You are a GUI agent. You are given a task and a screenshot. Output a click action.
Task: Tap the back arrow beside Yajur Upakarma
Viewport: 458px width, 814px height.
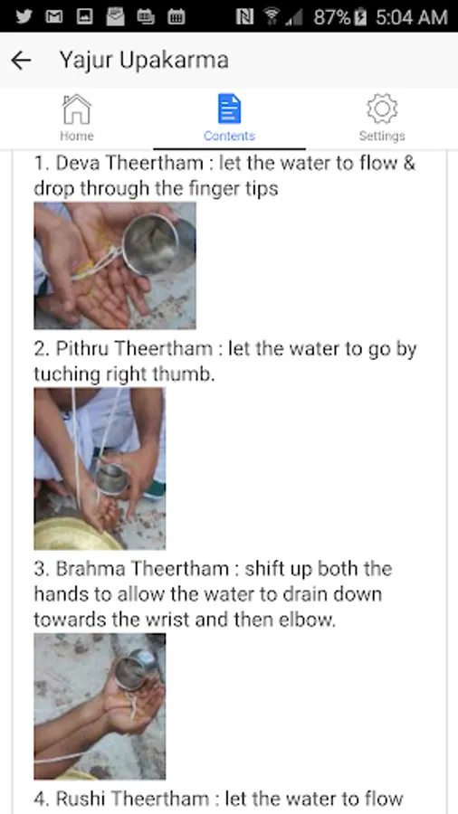click(x=21, y=61)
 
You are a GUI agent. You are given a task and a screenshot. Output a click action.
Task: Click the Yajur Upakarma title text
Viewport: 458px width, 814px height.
click(x=144, y=61)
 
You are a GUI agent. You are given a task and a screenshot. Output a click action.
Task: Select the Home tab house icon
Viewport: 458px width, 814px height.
click(x=77, y=109)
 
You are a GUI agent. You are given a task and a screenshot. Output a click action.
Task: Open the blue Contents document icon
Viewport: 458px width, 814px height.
click(x=229, y=109)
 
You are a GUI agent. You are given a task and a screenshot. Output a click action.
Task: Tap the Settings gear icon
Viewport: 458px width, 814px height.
click(x=382, y=109)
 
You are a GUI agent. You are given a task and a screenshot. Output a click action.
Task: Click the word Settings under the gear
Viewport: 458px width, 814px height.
click(x=382, y=136)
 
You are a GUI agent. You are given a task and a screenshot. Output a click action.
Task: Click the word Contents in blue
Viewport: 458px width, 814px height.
click(x=229, y=136)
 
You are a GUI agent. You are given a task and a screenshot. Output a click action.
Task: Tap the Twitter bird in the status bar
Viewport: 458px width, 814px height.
click(x=24, y=16)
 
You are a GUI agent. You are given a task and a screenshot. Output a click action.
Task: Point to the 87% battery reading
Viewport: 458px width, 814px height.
click(x=332, y=17)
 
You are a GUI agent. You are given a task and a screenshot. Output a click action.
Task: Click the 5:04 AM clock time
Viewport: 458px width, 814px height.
click(x=411, y=17)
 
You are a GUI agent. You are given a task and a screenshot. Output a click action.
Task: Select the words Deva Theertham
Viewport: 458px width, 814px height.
click(x=129, y=163)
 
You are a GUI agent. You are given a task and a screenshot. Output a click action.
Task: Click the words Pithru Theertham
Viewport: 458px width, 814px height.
click(x=134, y=349)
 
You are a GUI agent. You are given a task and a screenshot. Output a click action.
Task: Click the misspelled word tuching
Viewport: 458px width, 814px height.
click(x=66, y=374)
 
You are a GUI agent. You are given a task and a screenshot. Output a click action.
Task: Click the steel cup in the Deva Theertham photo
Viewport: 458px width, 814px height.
click(x=153, y=244)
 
